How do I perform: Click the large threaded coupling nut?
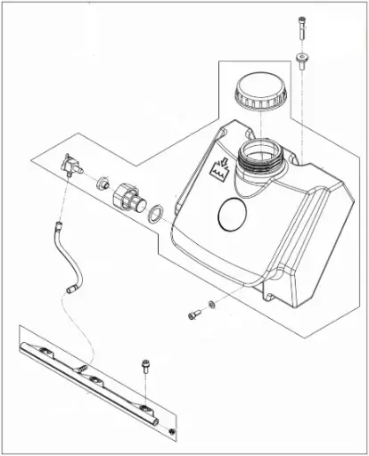click(127, 195)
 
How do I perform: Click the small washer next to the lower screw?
click(211, 306)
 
